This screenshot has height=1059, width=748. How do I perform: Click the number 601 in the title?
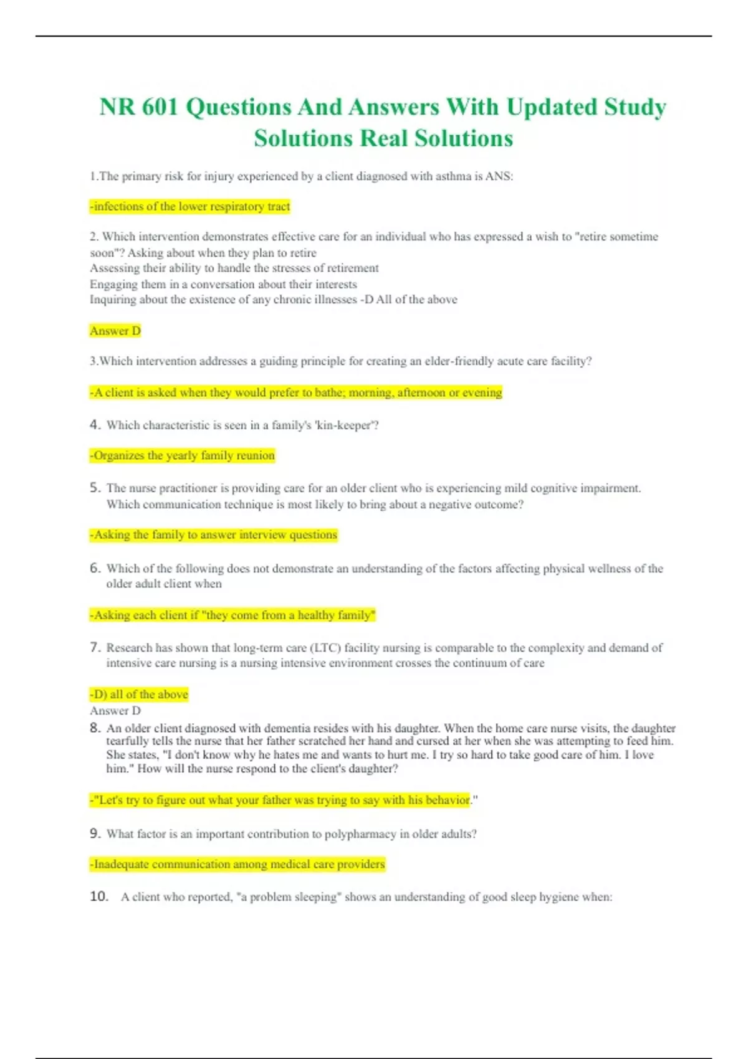pyautogui.click(x=160, y=107)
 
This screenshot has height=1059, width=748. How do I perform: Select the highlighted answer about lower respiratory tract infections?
pyautogui.click(x=190, y=206)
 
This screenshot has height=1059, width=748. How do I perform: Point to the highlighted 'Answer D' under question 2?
pyautogui.click(x=115, y=331)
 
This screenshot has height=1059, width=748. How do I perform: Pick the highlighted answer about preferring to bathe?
pyautogui.click(x=296, y=392)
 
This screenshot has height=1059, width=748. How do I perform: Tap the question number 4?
pyautogui.click(x=95, y=425)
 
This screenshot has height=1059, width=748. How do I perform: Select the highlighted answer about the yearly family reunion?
pyautogui.click(x=183, y=455)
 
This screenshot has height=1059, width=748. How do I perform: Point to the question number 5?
pyautogui.click(x=95, y=488)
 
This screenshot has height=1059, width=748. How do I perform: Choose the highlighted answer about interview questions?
pyautogui.click(x=214, y=534)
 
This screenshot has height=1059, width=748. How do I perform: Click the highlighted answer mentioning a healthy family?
pyautogui.click(x=233, y=615)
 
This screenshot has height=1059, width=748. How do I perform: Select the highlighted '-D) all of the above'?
pyautogui.click(x=139, y=694)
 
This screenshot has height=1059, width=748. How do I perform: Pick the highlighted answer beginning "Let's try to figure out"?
pyautogui.click(x=280, y=800)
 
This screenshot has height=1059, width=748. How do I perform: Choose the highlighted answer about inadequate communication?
pyautogui.click(x=237, y=865)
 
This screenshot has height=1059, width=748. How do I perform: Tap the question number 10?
pyautogui.click(x=99, y=896)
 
